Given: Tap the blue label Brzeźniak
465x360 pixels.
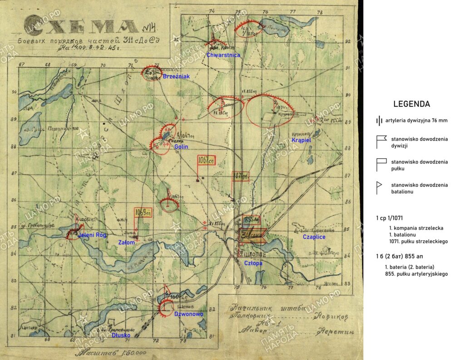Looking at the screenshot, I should coord(176,77).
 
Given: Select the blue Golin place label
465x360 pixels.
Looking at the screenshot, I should coord(181,147).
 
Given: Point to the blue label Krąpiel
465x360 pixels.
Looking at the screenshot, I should coord(301,141).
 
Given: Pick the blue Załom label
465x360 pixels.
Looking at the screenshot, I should coord(127,243).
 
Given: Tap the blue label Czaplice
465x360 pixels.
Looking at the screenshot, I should coord(314,237).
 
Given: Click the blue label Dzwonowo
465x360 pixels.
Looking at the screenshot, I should coord(185,314).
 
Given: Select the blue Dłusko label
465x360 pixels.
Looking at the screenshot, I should coord(121,335).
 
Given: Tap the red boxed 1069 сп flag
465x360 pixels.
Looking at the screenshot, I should coord(143,212).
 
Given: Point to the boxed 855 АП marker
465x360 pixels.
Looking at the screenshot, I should coord(251,220).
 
